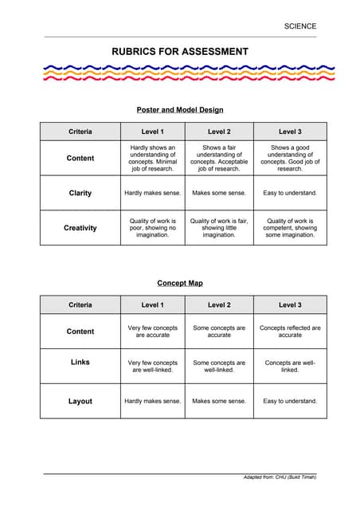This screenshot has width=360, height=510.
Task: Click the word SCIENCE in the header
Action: pos(299,26)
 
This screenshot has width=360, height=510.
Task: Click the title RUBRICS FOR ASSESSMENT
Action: pos(179,52)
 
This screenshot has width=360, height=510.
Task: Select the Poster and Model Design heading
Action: pos(180,109)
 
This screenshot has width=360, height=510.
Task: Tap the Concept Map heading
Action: pos(180,283)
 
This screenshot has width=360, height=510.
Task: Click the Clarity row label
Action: pos(80,193)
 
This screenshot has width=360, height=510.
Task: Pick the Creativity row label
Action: pos(80,228)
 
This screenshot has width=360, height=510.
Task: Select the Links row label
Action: pos(80,363)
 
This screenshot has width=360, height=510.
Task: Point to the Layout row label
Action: pos(80,402)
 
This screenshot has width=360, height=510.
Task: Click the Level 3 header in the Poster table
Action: pos(290,131)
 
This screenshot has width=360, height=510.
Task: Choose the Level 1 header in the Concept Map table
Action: pos(152,305)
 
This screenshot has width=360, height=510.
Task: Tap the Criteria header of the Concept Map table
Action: pos(80,305)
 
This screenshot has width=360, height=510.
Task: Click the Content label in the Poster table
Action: pos(80,158)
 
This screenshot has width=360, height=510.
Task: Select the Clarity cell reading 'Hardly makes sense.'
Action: pos(152,193)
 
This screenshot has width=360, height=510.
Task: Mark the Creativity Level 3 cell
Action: pos(290,228)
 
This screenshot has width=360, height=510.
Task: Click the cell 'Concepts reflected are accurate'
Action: pos(290,331)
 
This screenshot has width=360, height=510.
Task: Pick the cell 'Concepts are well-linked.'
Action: pos(290,367)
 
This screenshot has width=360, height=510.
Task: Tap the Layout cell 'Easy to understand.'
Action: pos(290,401)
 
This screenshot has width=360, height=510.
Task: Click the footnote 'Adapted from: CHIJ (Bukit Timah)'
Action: pos(280,477)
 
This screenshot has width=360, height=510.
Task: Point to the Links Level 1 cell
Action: pos(152,367)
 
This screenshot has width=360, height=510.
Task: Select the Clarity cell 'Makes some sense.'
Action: pos(219,193)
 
